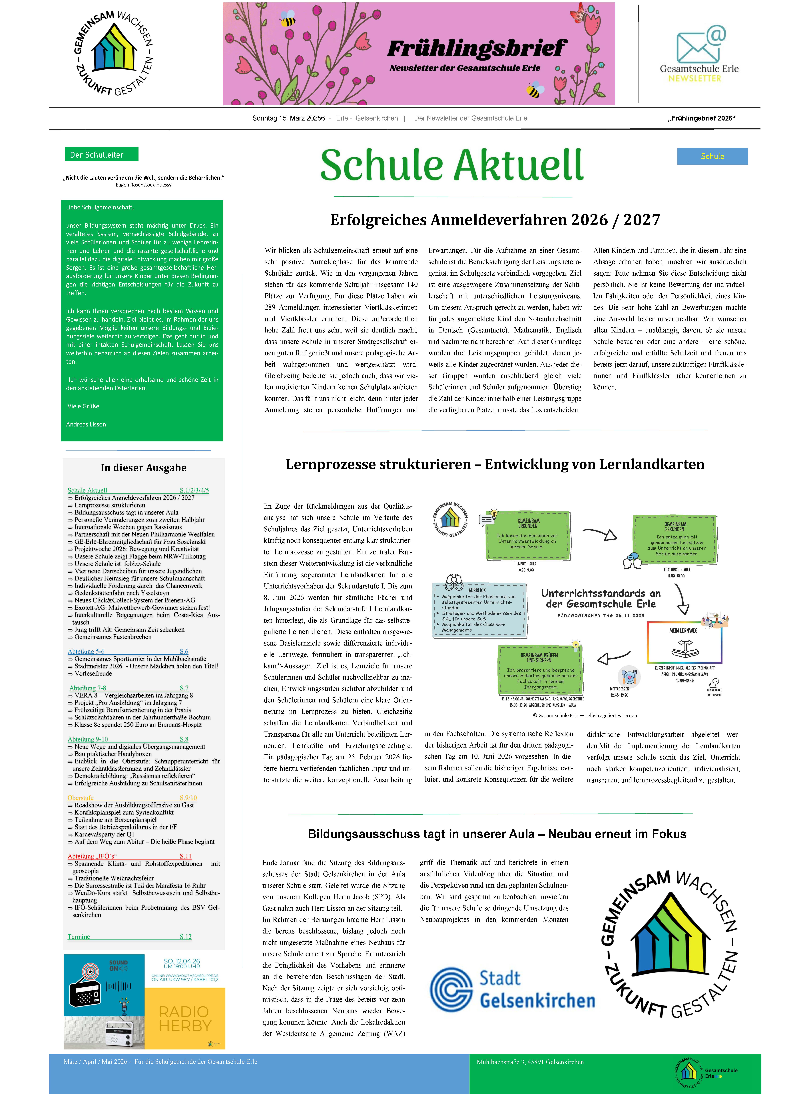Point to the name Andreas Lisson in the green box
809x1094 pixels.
point(86,424)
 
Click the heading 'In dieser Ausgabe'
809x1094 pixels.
point(143,468)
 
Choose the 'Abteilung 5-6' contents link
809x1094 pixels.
point(86,651)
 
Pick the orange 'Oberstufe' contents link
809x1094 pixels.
point(81,798)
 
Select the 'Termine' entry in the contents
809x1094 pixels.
point(79,937)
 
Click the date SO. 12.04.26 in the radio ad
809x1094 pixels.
point(182,961)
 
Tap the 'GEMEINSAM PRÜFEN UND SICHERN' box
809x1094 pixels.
point(539,669)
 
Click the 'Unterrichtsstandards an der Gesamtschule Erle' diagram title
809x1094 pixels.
point(601,598)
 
